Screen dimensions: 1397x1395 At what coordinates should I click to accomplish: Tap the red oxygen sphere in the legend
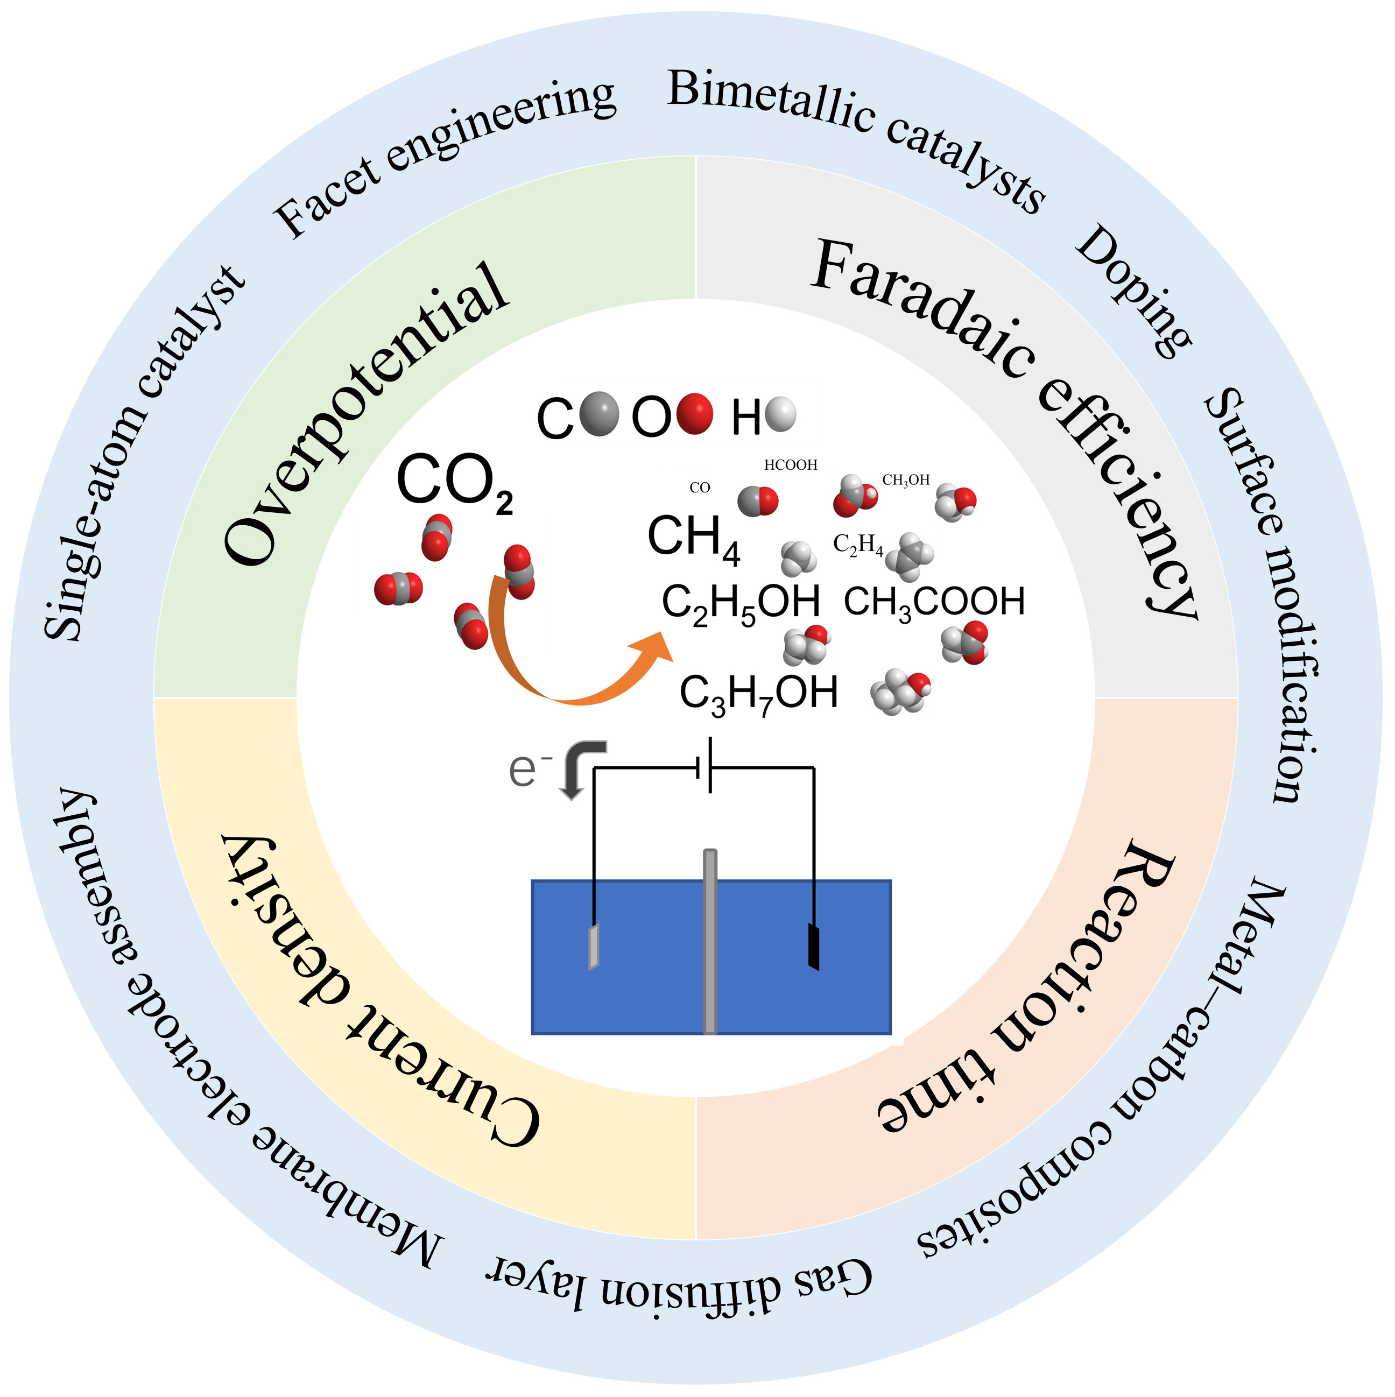(x=694, y=414)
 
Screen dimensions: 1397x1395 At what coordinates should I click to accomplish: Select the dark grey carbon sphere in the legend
(x=600, y=414)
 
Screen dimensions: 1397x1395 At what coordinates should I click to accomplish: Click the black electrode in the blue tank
(x=814, y=947)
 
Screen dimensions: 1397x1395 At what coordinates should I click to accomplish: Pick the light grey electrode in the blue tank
(x=594, y=947)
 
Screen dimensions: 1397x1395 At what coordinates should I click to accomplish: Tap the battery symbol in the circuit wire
(x=705, y=766)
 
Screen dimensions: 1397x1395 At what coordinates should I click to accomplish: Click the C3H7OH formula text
(x=759, y=694)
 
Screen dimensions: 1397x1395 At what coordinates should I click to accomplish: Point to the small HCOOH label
(x=791, y=465)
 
